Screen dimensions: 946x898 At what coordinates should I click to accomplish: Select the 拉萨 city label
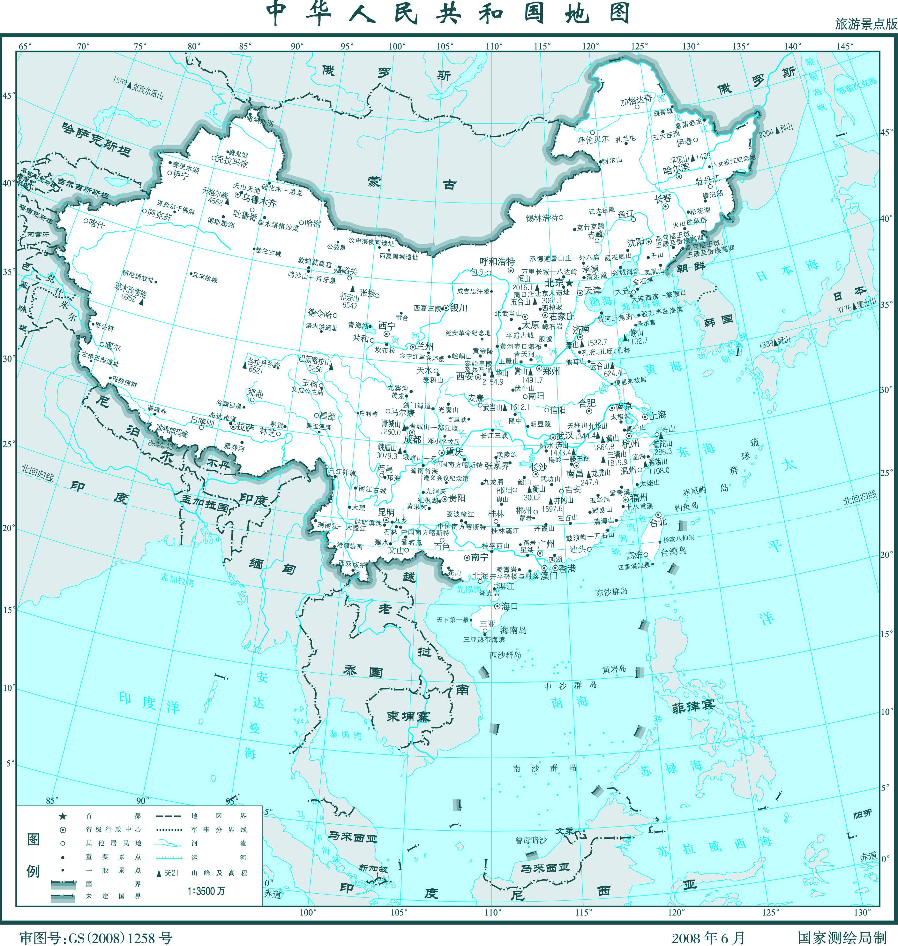point(246,427)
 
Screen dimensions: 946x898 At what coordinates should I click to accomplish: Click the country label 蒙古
point(412,183)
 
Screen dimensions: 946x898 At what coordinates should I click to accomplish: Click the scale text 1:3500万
point(206,891)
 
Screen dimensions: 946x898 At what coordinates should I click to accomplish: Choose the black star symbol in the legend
point(63,816)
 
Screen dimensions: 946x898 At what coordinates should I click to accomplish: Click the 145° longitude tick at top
point(845,46)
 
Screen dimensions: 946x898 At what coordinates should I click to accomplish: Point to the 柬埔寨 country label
point(409,717)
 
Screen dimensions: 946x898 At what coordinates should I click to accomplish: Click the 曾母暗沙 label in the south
point(531,840)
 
